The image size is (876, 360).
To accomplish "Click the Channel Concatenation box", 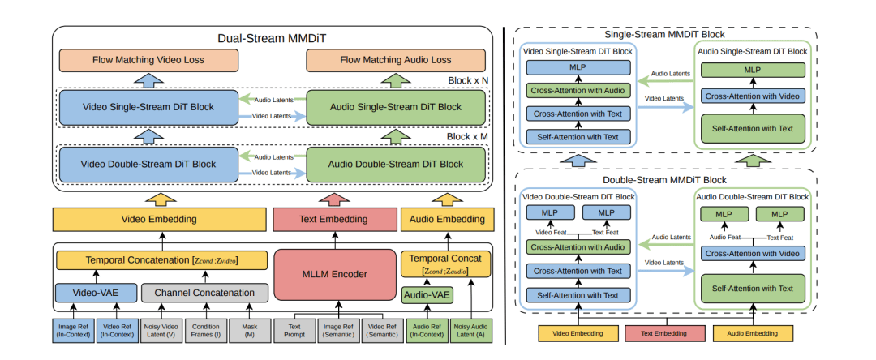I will (204, 292).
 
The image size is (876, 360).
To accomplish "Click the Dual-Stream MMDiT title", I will (273, 37).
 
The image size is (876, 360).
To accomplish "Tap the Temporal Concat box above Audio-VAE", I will (447, 264).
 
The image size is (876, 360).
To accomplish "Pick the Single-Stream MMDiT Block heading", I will (665, 34).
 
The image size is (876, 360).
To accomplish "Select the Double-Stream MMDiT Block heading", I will (665, 179).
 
